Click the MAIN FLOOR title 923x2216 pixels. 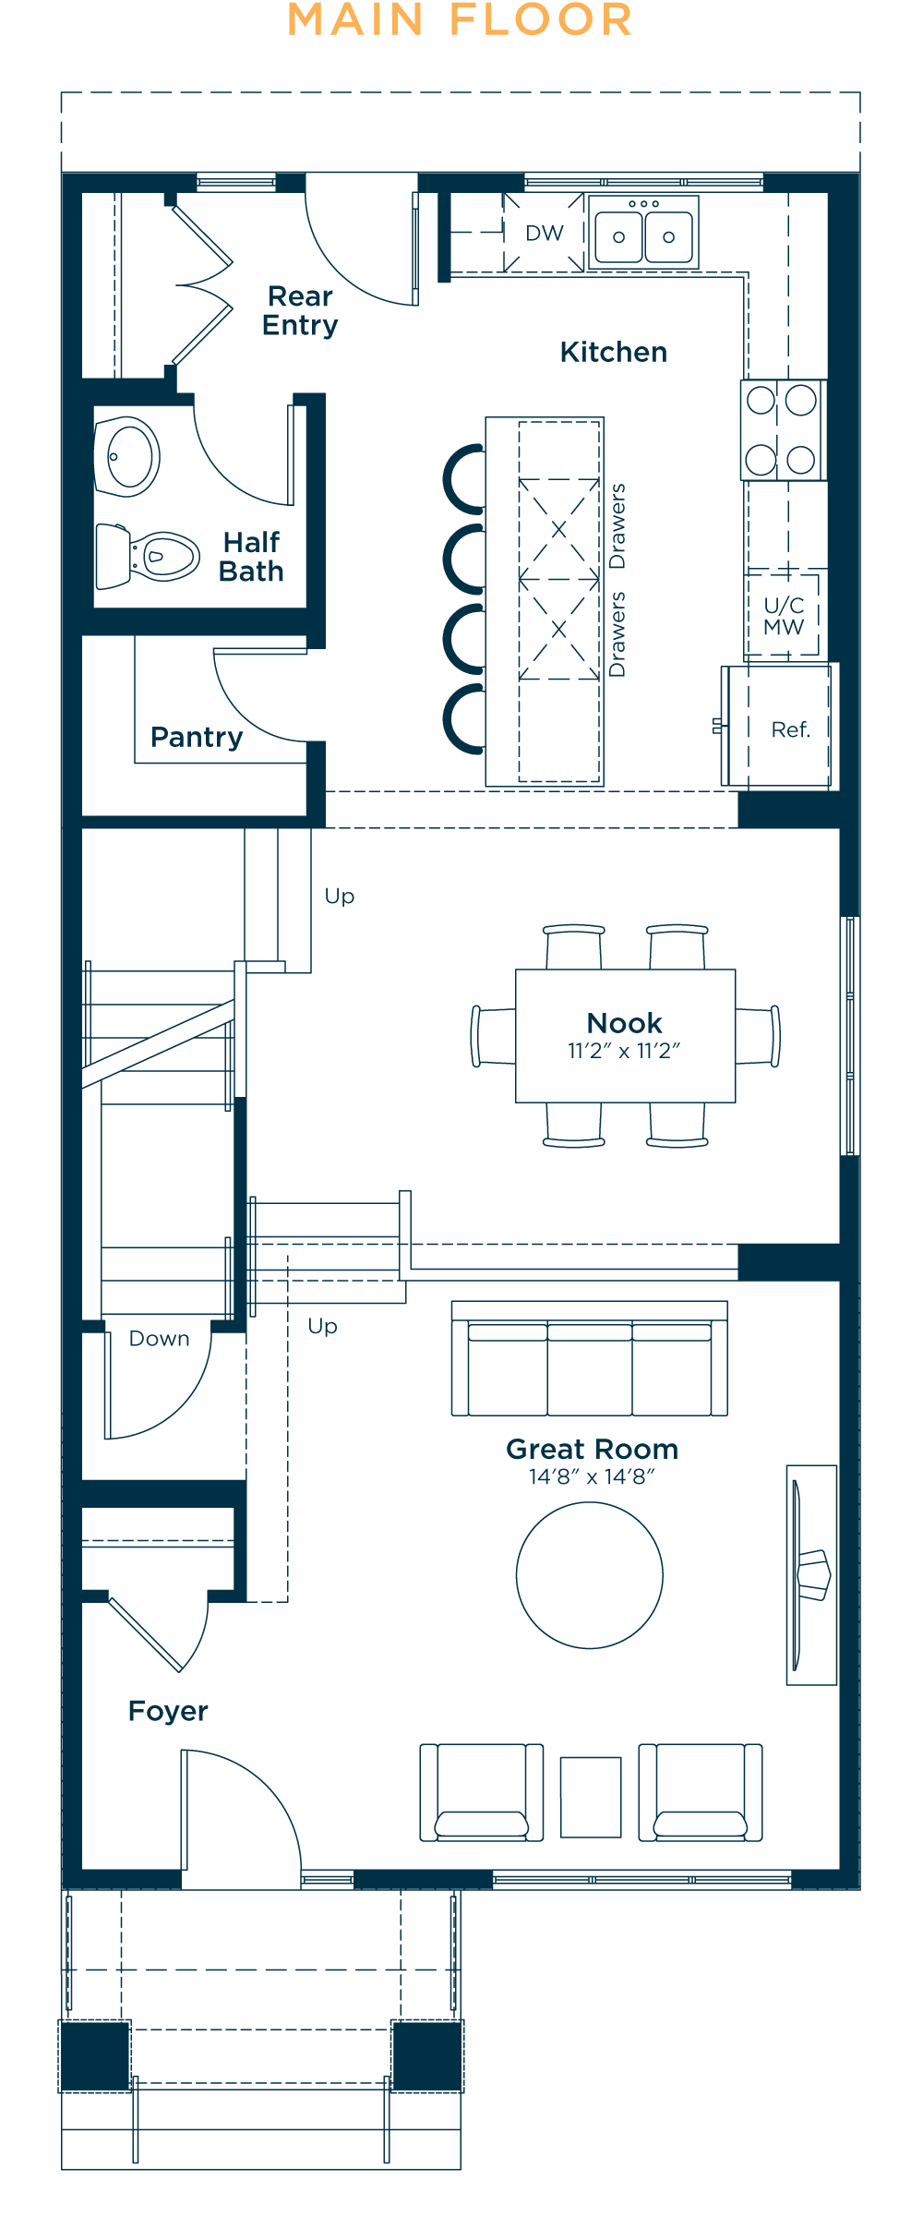click(x=460, y=19)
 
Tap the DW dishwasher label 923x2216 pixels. click(x=545, y=233)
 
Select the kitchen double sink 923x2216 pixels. click(x=643, y=232)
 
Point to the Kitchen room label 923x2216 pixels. click(x=614, y=352)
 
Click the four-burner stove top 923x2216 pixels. click(x=783, y=430)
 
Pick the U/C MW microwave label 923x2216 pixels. click(x=784, y=616)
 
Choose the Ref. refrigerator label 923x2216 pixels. click(x=791, y=729)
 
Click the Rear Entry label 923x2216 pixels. click(x=300, y=310)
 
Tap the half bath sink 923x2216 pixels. click(x=127, y=456)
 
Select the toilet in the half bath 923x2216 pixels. click(x=147, y=556)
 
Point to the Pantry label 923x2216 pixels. click(x=197, y=737)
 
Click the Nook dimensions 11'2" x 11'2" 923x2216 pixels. click(x=624, y=1051)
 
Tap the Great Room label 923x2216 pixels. click(x=593, y=1449)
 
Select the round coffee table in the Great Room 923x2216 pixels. click(x=590, y=1575)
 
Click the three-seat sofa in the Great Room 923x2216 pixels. click(x=590, y=1358)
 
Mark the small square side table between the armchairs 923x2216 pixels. click(x=591, y=1797)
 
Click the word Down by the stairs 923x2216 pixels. click(x=160, y=1339)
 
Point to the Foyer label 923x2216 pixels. click(x=168, y=1711)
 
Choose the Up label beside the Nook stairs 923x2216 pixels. click(x=340, y=897)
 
